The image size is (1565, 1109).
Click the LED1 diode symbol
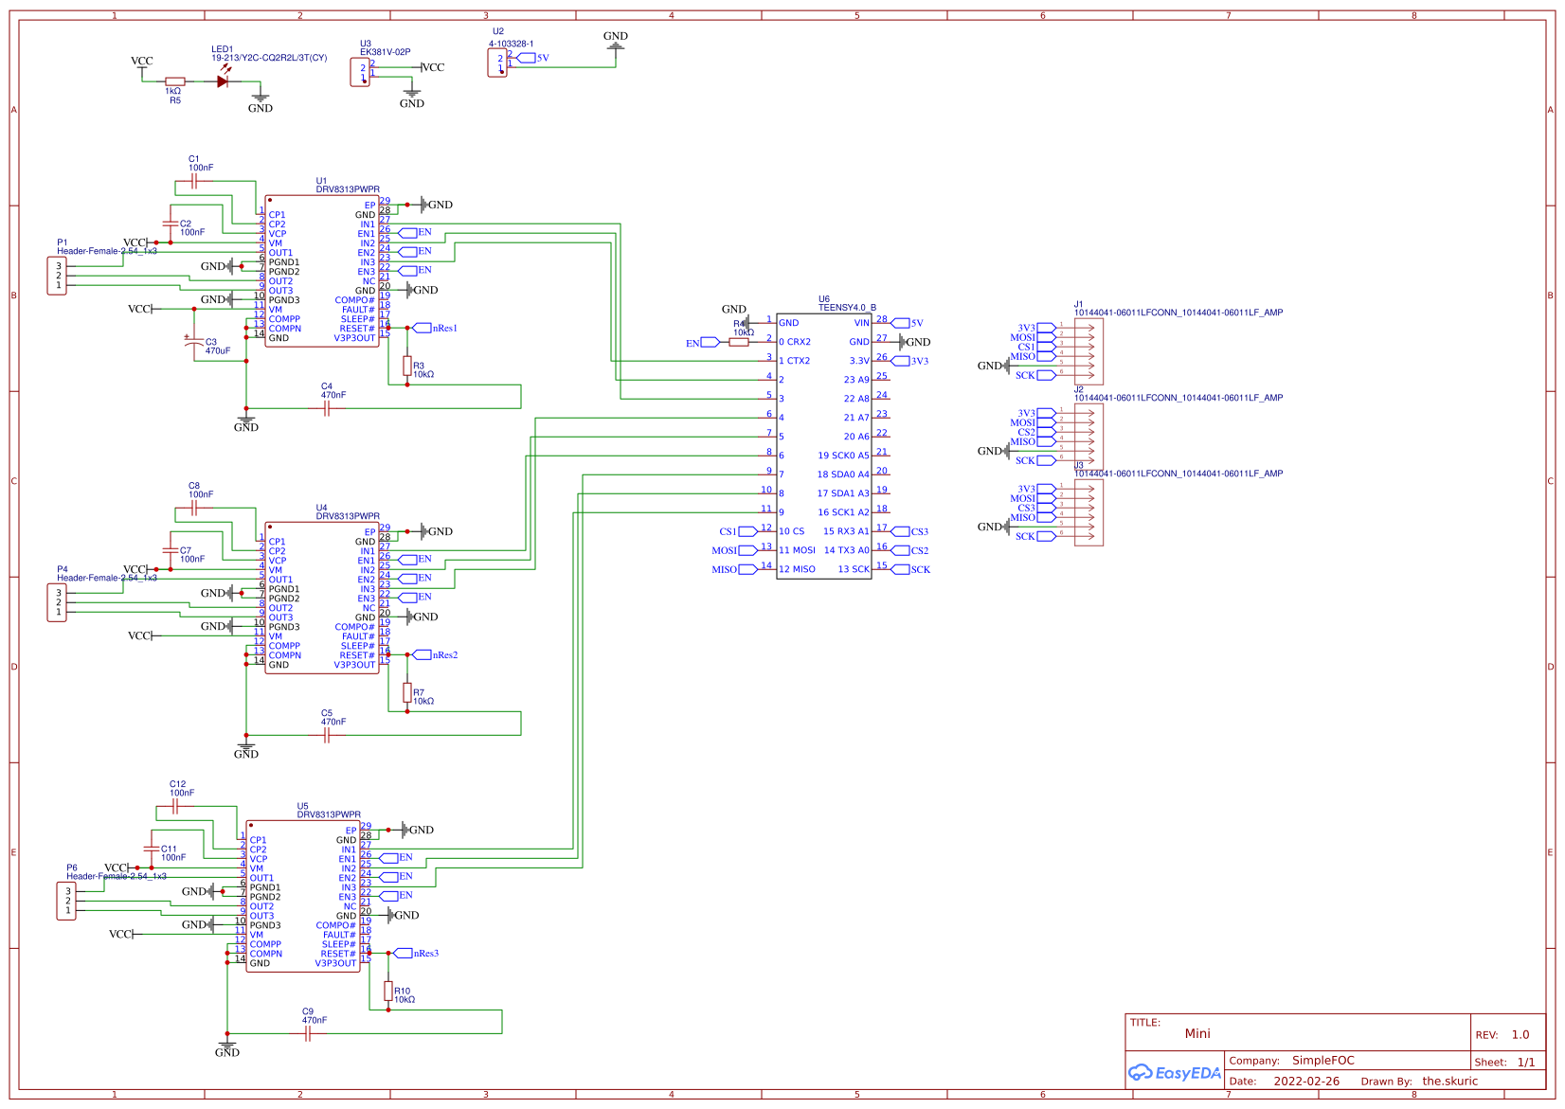[223, 81]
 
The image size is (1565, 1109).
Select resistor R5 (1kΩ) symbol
[174, 81]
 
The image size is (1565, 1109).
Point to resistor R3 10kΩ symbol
[407, 366]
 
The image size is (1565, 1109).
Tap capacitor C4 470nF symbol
[327, 408]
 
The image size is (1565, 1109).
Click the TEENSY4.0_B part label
[847, 308]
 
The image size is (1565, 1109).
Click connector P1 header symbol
[57, 276]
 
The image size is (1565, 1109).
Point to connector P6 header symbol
[66, 901]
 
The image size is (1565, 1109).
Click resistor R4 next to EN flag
[739, 342]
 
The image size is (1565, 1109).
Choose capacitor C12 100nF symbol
[175, 806]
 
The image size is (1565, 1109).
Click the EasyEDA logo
[1174, 1073]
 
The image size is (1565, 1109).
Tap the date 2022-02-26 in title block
[1305, 1081]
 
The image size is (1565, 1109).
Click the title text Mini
[1196, 1033]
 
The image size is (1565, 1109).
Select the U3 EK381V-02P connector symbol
[360, 72]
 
